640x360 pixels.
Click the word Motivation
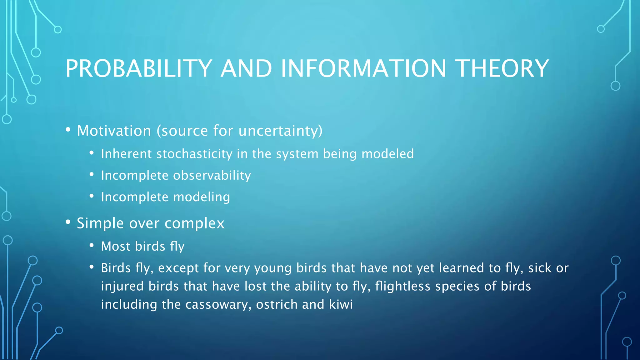click(114, 131)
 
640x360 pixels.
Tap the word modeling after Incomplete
click(202, 197)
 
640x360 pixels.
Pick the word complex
click(194, 223)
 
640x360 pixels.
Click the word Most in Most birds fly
click(115, 246)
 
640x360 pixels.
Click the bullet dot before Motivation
click(68, 129)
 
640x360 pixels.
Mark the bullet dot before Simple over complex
click(68, 222)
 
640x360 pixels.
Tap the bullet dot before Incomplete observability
click(92, 174)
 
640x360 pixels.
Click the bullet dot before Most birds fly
click(92, 245)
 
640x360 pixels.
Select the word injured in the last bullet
click(122, 286)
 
